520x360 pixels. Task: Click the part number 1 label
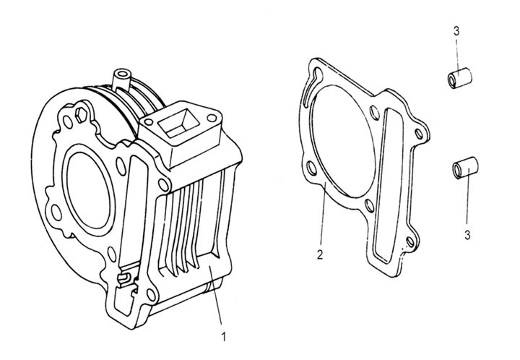point(224,335)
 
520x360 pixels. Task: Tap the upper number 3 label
point(456,30)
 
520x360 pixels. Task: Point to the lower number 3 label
point(467,235)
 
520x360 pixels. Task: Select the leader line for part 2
point(322,217)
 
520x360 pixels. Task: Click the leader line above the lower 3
point(467,202)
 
